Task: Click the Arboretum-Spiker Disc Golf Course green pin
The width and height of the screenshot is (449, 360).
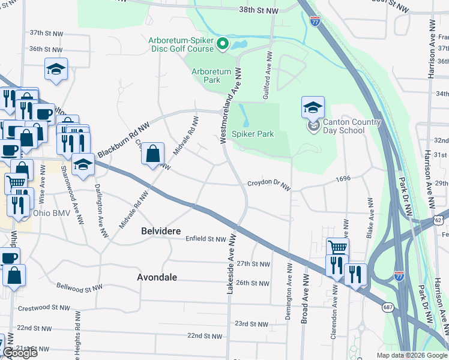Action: [222, 43]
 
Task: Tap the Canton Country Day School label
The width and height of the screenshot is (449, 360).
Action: [352, 126]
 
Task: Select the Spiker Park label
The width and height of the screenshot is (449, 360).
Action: [253, 133]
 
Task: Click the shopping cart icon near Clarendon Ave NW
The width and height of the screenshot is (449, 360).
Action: [338, 247]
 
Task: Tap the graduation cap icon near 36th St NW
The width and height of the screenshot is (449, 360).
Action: [56, 69]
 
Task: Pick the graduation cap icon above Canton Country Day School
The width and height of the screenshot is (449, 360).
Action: [312, 107]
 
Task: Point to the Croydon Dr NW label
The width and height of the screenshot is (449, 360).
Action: [269, 185]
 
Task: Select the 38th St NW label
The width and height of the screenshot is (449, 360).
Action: [258, 11]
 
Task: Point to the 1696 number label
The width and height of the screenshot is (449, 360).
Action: [343, 179]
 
